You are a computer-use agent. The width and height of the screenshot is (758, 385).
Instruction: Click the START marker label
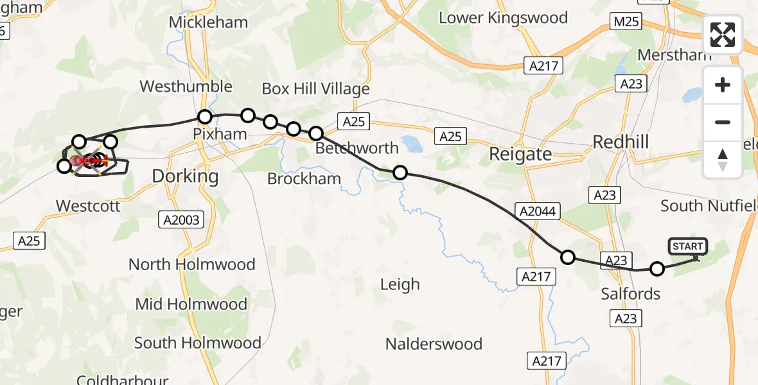pyautogui.click(x=688, y=246)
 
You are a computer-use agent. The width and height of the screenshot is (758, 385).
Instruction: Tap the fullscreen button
pyautogui.click(x=723, y=35)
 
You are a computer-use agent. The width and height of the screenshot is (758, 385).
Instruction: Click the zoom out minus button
pyautogui.click(x=723, y=122)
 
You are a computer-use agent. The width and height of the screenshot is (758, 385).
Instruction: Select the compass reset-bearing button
pyautogui.click(x=723, y=159)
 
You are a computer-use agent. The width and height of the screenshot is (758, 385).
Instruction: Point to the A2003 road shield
pyautogui.click(x=181, y=220)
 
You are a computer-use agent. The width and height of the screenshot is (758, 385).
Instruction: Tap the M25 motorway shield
pyautogui.click(x=626, y=22)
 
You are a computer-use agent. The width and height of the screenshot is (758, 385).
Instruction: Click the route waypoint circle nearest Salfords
pyautogui.click(x=657, y=269)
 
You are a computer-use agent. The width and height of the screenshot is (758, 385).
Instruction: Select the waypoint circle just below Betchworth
pyautogui.click(x=400, y=172)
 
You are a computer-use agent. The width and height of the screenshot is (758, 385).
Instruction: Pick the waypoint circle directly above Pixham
pyautogui.click(x=204, y=117)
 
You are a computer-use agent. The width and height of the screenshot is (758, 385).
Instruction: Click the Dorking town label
pyautogui.click(x=186, y=176)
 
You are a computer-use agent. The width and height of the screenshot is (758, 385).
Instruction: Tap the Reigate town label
pyautogui.click(x=520, y=154)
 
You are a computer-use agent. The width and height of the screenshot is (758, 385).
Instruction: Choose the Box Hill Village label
pyautogui.click(x=315, y=89)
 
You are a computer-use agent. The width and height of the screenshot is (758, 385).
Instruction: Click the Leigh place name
pyautogui.click(x=400, y=284)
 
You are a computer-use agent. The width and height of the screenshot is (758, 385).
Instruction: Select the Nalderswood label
pyautogui.click(x=434, y=344)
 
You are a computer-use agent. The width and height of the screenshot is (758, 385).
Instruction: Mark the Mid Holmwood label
pyautogui.click(x=191, y=304)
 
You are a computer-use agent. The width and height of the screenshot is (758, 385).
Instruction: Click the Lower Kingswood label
pyautogui.click(x=503, y=17)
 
